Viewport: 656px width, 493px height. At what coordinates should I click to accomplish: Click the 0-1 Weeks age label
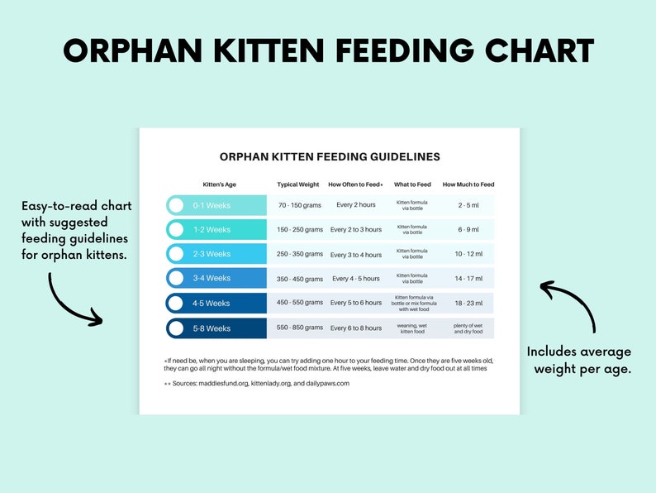tap(212, 205)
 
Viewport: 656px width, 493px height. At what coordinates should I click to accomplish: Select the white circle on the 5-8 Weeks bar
tap(176, 328)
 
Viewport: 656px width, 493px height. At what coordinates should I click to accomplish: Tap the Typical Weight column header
tap(297, 184)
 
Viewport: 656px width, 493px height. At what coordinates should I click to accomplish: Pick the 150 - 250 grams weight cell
tap(300, 230)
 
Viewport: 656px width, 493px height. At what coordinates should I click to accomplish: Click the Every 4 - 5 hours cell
tap(356, 279)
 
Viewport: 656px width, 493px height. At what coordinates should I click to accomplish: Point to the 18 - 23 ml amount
tap(468, 304)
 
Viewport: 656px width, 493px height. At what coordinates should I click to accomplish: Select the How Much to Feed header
tap(468, 184)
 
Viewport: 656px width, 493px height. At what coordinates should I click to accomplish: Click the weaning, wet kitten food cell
tap(411, 328)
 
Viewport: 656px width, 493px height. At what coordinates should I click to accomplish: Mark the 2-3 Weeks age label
tap(212, 254)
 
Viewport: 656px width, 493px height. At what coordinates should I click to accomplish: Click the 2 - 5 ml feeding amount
tap(468, 205)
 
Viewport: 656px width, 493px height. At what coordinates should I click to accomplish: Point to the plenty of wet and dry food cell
tap(468, 328)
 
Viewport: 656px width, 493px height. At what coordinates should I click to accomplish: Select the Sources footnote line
tap(256, 384)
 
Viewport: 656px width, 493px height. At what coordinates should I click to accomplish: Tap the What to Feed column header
tap(411, 184)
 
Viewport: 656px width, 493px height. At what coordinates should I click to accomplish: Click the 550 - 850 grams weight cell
tap(300, 328)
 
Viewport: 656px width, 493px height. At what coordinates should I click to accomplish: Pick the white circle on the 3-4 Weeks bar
tap(176, 279)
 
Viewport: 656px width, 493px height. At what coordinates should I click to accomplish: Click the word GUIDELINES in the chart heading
tap(395, 156)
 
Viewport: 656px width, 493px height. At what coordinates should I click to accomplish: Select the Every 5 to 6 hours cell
tap(356, 304)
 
